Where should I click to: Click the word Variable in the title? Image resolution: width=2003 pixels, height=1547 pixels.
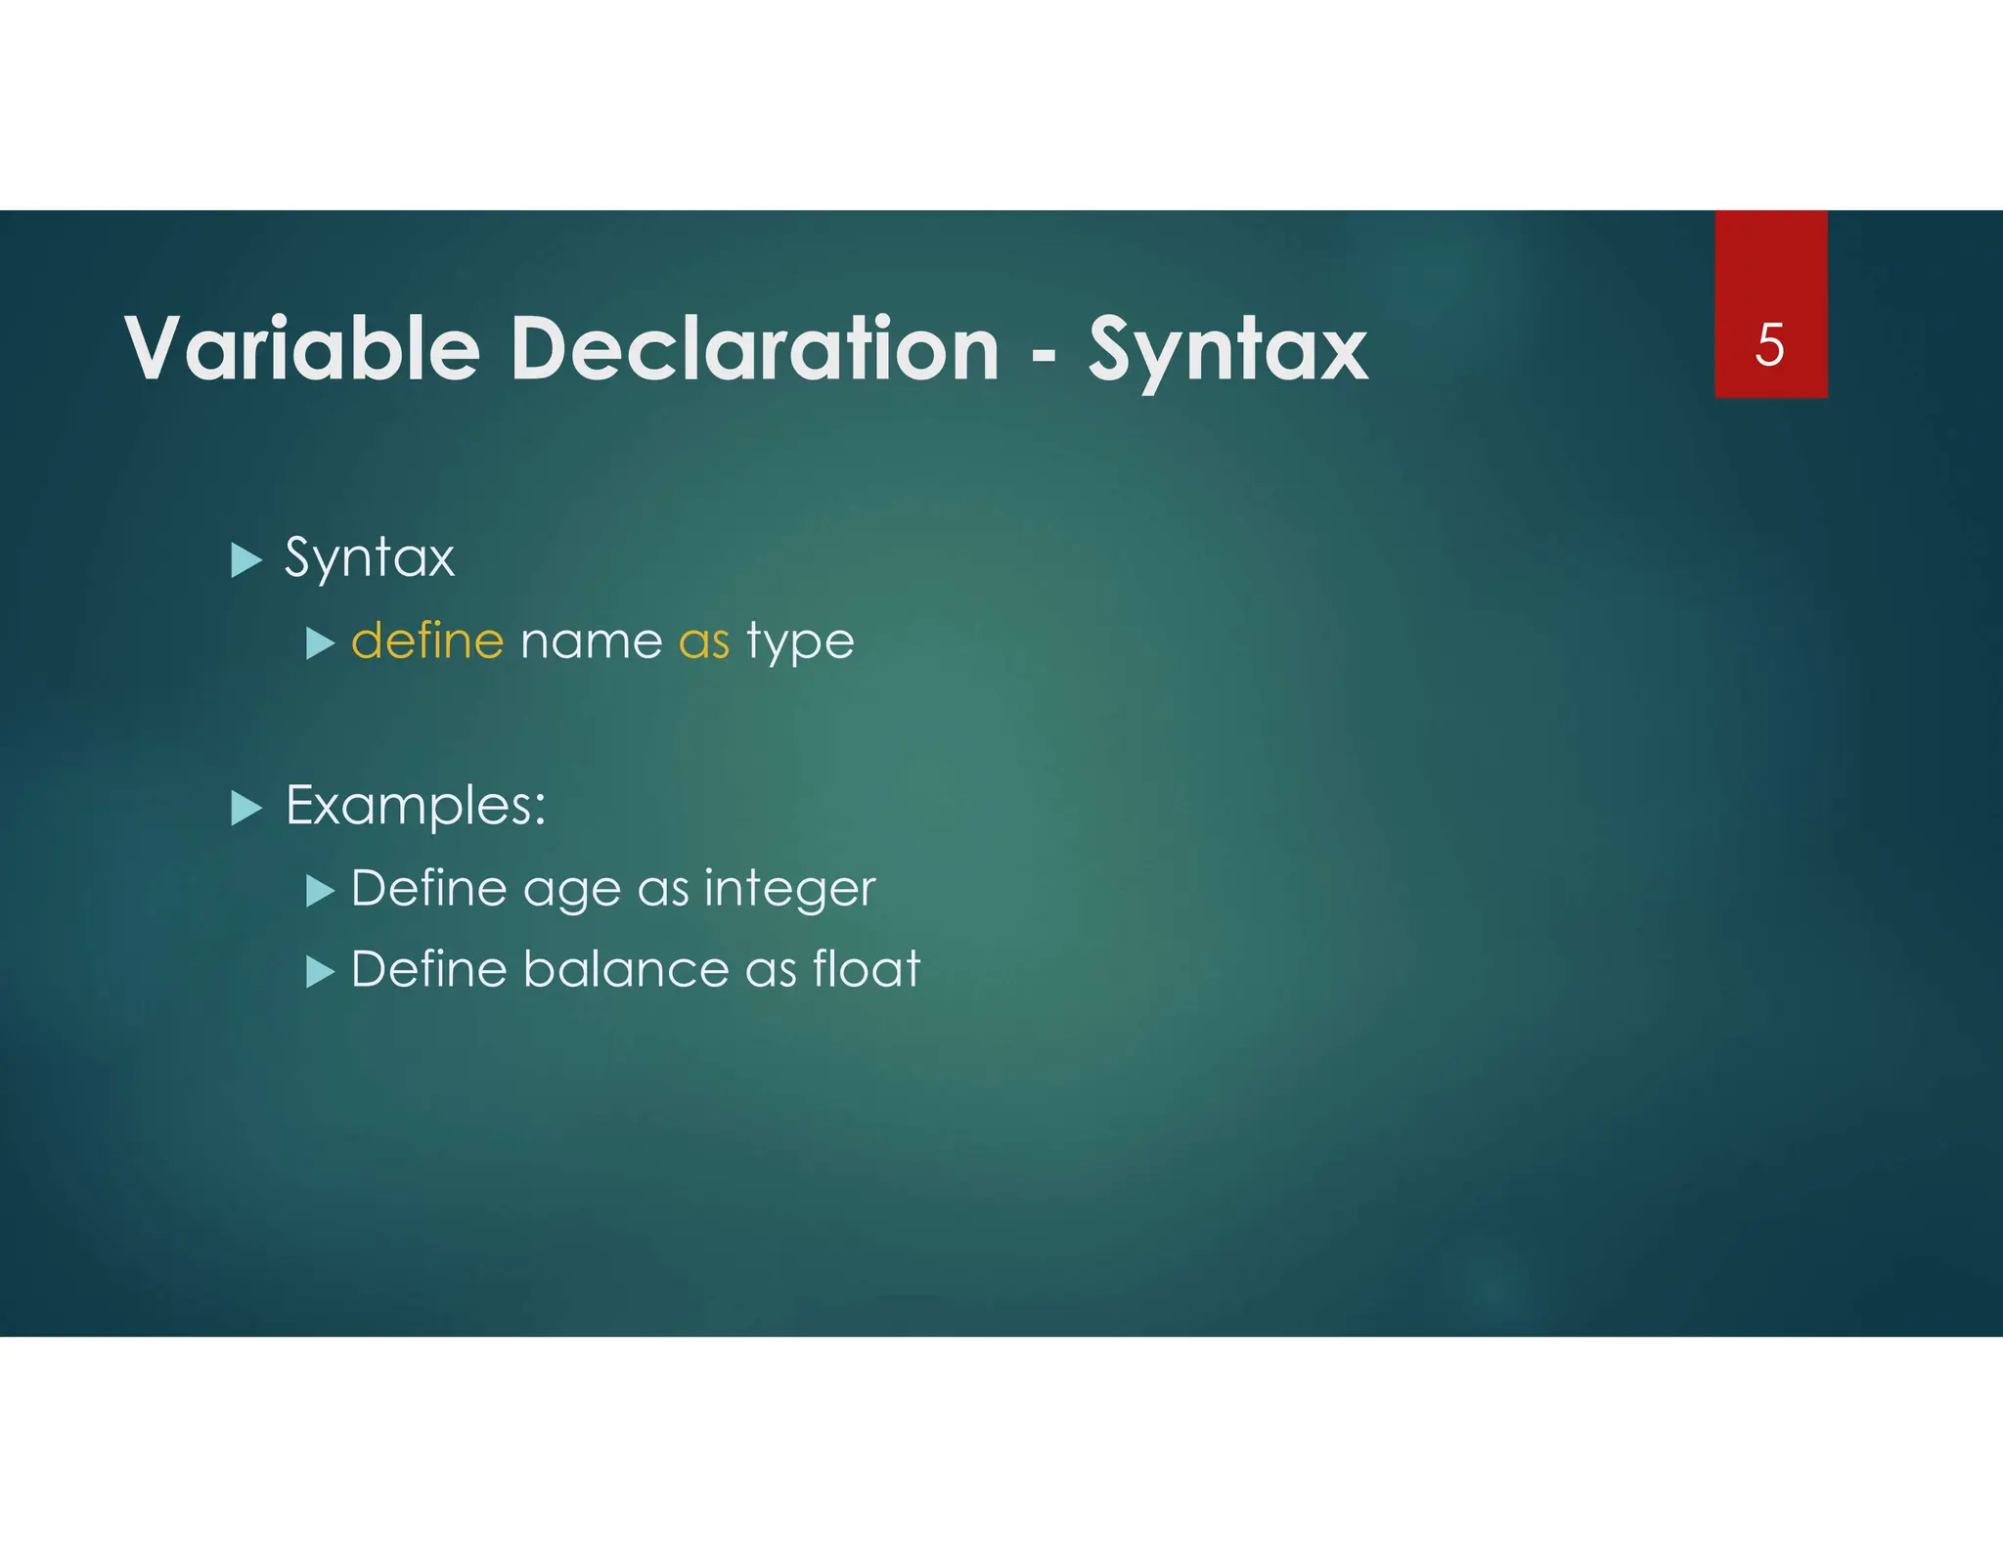tap(302, 348)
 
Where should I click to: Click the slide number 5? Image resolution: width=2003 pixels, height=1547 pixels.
tap(1769, 344)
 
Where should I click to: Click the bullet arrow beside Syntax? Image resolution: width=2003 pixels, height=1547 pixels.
tap(246, 560)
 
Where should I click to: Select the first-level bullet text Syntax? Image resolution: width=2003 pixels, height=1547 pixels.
tap(370, 558)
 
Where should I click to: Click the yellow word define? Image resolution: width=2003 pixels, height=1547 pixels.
tap(427, 641)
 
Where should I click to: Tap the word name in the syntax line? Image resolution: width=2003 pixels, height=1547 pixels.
tap(591, 642)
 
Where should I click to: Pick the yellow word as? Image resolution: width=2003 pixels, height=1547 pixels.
tap(704, 642)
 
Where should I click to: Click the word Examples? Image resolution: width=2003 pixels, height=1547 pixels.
tap(416, 807)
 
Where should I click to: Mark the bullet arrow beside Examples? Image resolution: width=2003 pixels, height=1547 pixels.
tap(246, 808)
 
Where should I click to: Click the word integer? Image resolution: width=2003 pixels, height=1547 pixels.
tap(789, 890)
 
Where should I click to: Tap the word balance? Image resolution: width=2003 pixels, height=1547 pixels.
tap(626, 969)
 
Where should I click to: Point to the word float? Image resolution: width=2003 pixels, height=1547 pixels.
tap(867, 969)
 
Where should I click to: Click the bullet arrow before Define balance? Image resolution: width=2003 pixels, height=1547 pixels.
tap(320, 972)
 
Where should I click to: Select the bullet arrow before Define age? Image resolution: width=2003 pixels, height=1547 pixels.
tap(320, 891)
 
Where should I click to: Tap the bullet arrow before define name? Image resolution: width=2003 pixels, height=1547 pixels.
tap(320, 643)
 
